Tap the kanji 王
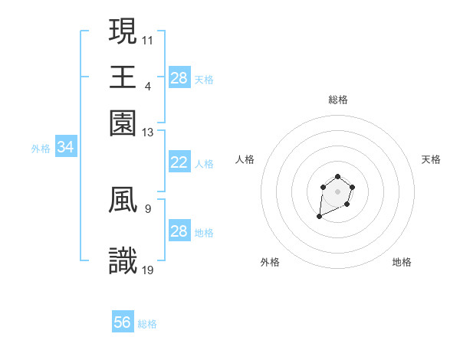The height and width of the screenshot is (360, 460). click(123, 77)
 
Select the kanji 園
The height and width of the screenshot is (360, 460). click(123, 123)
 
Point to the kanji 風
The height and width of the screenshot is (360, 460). click(123, 201)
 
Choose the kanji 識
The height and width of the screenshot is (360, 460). click(123, 261)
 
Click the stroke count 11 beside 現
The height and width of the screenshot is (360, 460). click(148, 39)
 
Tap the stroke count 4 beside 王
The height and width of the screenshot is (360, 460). click(147, 85)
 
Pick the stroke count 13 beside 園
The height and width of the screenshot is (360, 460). click(148, 133)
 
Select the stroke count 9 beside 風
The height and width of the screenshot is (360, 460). click(147, 208)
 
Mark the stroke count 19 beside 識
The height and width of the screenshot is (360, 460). click(148, 270)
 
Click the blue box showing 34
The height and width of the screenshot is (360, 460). click(65, 147)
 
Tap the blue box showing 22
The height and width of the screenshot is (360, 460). click(179, 162)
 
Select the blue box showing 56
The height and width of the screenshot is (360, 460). click(123, 322)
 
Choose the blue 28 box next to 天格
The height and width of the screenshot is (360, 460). click(179, 77)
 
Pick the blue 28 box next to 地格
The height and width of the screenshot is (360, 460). click(179, 231)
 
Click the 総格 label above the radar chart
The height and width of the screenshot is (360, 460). click(338, 100)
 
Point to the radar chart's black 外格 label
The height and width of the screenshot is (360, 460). click(270, 262)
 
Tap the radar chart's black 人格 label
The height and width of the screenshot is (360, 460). click(245, 159)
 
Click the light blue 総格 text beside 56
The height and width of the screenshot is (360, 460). click(147, 324)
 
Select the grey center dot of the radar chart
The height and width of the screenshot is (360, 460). click(337, 190)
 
